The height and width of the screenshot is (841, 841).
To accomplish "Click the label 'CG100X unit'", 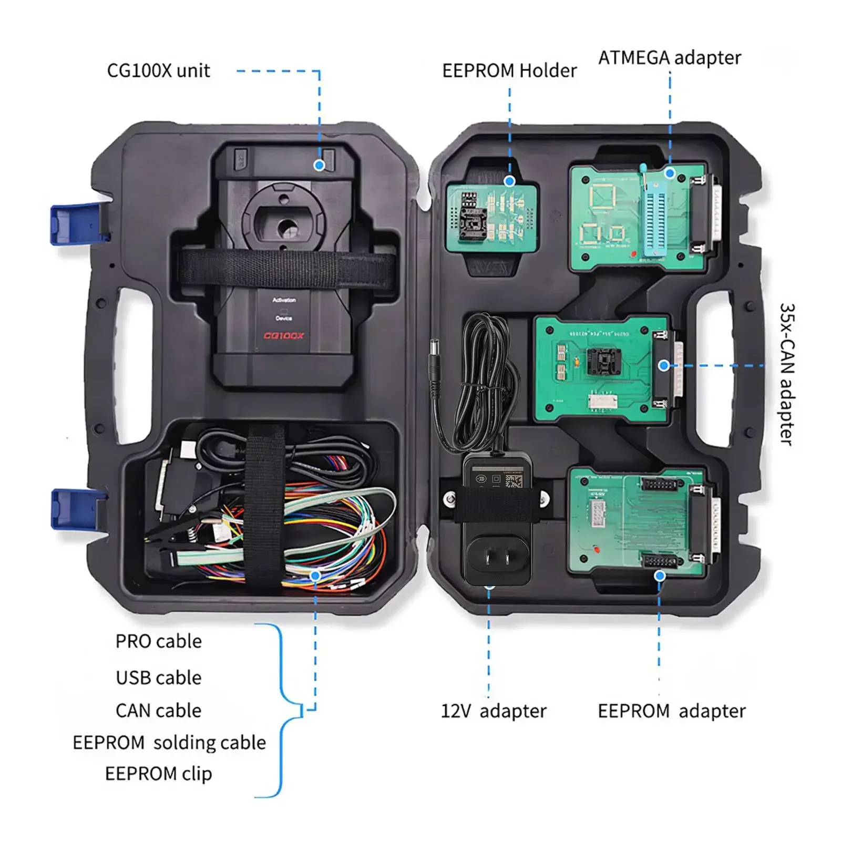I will tap(158, 70).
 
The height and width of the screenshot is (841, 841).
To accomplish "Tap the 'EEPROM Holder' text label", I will tap(509, 70).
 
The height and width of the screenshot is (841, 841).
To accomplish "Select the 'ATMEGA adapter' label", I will tap(669, 57).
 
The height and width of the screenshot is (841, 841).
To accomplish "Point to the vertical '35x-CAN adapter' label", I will tap(786, 374).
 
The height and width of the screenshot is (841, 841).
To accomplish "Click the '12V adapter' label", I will tap(493, 711).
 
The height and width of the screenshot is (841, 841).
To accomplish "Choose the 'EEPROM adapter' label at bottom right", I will tap(671, 711).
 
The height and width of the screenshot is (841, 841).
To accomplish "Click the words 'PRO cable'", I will tap(158, 641).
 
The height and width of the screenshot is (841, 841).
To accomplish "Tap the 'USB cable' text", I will tap(158, 678).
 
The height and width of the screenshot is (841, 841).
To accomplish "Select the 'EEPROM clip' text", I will tap(158, 774).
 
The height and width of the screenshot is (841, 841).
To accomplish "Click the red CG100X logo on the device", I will tap(283, 335).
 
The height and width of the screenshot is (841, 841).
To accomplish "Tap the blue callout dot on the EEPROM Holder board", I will tap(509, 181).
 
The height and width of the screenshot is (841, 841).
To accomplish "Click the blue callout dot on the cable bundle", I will tap(315, 576).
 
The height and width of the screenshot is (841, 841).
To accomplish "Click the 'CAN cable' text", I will tap(158, 711).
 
